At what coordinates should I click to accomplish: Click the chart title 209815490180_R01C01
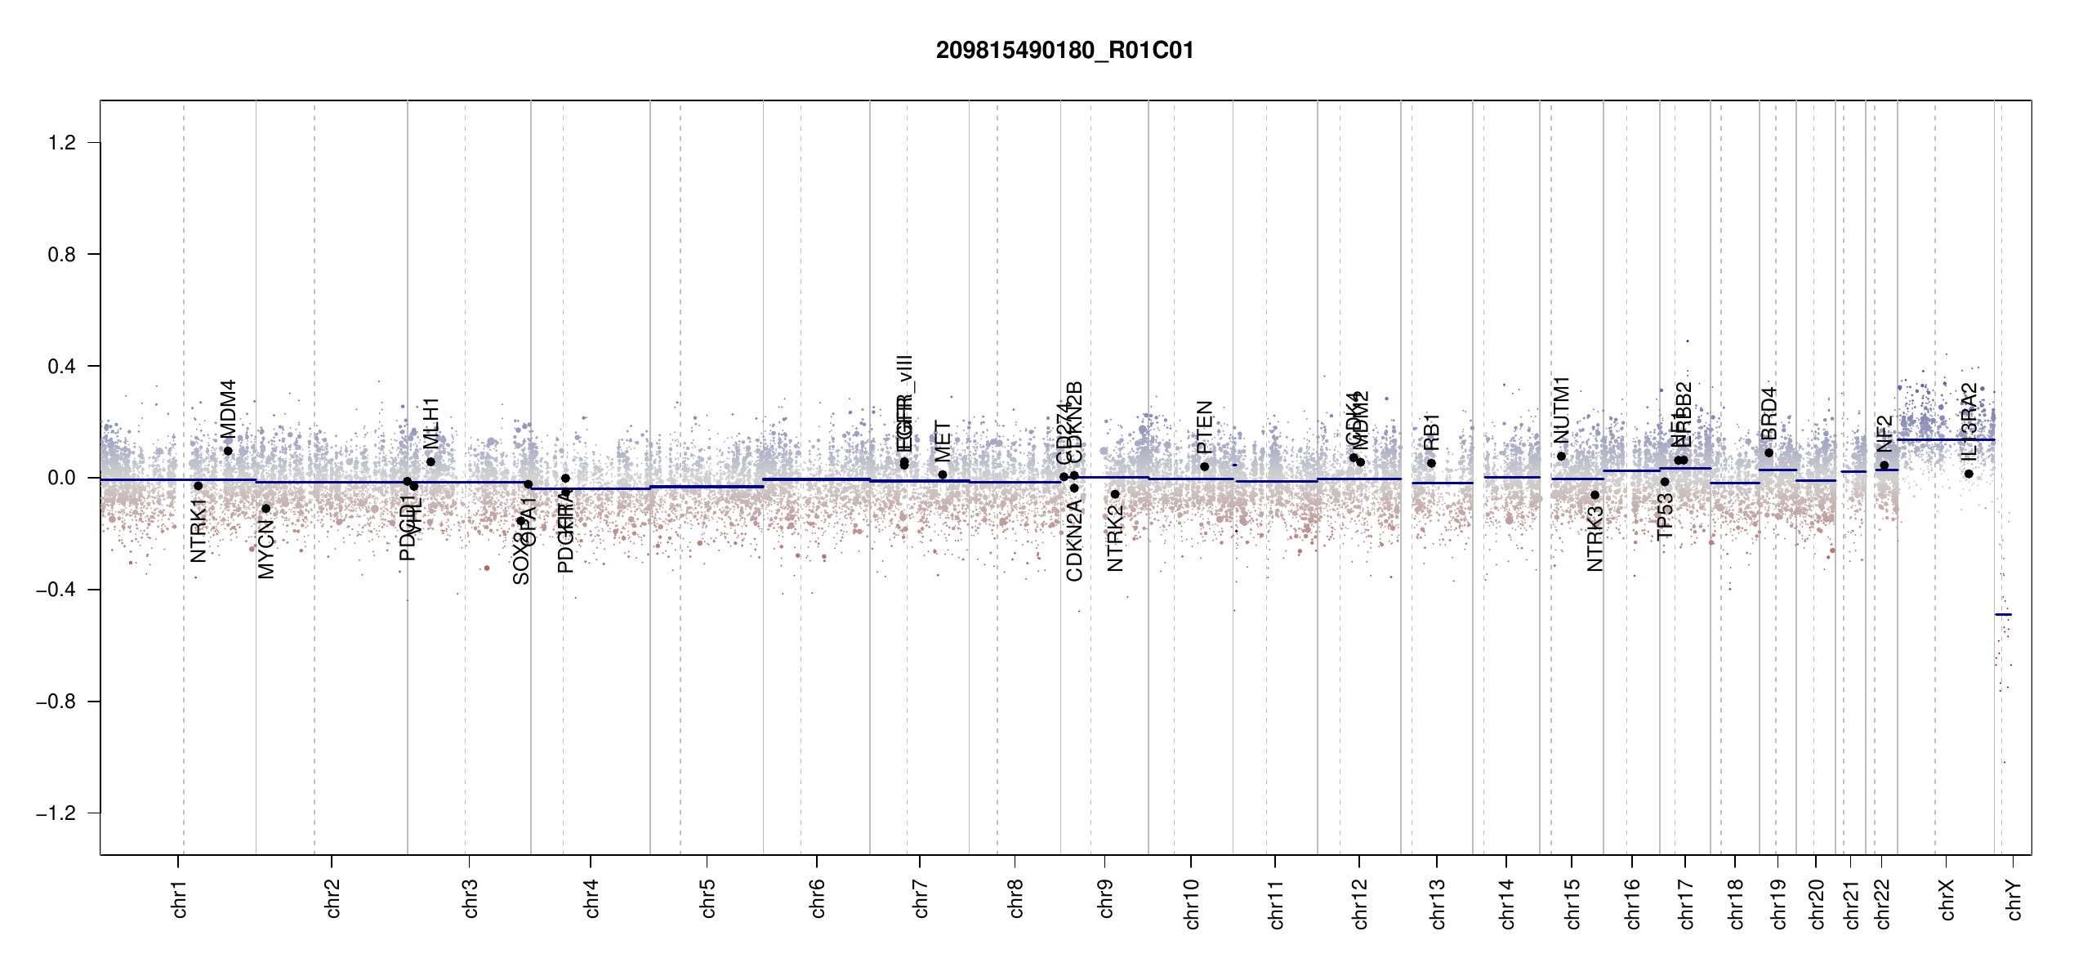(1064, 51)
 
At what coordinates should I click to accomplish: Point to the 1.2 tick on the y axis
(61, 143)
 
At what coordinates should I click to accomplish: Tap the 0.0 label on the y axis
(61, 478)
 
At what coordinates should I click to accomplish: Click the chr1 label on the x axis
(180, 898)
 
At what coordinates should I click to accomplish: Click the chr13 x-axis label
(1438, 903)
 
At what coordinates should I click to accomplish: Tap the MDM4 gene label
(228, 409)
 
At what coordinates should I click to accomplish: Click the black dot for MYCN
(265, 509)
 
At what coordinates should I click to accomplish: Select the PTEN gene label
(1204, 427)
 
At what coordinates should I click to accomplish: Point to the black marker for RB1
(1431, 463)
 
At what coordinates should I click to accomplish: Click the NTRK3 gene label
(1595, 539)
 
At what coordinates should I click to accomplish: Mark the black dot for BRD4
(1769, 453)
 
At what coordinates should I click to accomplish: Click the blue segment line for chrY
(2003, 614)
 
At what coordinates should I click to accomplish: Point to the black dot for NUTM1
(1561, 457)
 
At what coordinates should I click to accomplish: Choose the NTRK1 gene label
(198, 531)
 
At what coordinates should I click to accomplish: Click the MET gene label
(943, 442)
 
